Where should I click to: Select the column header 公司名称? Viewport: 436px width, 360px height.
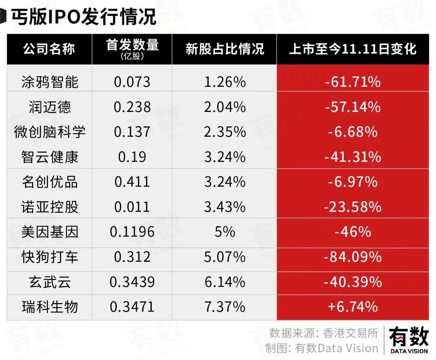49,49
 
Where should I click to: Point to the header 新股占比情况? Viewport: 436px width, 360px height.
224,49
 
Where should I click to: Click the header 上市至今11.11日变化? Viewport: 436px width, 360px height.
352,49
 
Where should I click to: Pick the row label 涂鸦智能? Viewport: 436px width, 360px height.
50,82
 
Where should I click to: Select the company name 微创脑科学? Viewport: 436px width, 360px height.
50,132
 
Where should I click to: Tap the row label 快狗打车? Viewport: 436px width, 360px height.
50,257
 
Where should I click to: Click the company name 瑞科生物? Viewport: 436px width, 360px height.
50,307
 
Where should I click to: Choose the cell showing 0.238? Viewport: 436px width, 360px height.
132,107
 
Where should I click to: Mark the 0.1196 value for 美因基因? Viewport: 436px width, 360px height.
132,232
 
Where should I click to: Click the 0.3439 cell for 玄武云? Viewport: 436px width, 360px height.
132,282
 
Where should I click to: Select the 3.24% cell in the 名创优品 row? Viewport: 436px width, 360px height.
224,182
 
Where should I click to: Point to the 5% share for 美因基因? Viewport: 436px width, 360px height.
224,232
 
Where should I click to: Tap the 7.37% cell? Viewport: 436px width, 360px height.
224,307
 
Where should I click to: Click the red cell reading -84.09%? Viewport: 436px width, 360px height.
352,257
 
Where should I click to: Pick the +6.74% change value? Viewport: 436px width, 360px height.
352,307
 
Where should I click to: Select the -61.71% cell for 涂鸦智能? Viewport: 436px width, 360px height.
352,82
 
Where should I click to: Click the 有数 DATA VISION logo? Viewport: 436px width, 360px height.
409,341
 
